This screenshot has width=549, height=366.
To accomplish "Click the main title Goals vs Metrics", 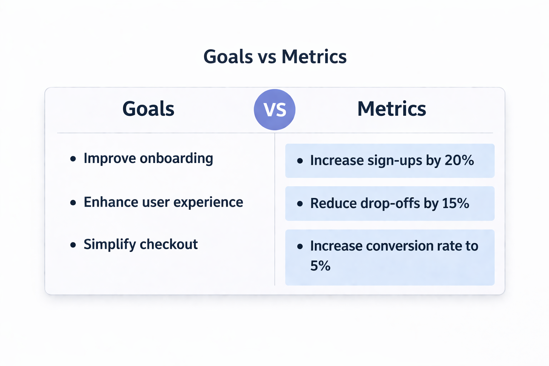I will coord(274,57).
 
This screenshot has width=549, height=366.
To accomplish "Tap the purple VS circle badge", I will coord(274,110).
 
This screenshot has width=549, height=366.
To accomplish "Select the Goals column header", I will coord(148,109).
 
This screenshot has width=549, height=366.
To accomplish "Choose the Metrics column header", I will coord(391,109).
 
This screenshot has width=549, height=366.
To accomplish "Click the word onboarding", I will coord(176,159).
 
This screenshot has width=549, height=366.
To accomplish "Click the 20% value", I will coord(459,160).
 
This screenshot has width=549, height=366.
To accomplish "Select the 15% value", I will coord(455,203).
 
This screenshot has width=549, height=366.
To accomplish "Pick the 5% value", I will coord(320,266).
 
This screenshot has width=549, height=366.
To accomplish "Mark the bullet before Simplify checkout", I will coord(73,245).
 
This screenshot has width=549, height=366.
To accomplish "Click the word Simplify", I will coord(110,245).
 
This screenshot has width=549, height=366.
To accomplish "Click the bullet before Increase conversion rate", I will coord(300,247).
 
